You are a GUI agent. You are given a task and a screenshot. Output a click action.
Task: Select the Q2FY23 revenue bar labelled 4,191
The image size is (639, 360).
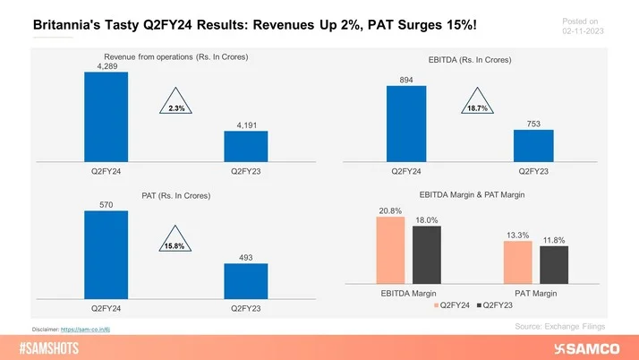245,146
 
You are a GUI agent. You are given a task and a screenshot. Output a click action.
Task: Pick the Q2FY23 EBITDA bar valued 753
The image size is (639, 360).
533,145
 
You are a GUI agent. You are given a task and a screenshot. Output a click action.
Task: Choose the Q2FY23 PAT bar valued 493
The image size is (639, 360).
245,280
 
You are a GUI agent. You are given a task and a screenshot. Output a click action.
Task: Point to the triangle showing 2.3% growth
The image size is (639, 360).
176,103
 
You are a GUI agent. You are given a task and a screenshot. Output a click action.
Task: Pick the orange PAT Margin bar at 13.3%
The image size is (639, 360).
518,262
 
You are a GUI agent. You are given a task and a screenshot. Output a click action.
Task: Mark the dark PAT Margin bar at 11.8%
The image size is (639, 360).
554,265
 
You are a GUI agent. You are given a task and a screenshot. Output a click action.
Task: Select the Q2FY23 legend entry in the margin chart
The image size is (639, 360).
497,304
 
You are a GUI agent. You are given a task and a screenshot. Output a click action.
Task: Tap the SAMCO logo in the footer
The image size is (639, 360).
586,347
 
